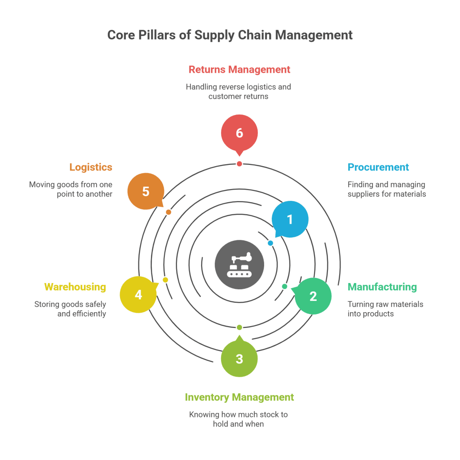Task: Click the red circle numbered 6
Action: [239, 133]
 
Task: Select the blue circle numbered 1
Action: [290, 219]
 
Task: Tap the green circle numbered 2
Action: [313, 296]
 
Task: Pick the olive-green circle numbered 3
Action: [239, 358]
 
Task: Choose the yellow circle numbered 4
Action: [138, 295]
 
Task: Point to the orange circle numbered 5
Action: [146, 191]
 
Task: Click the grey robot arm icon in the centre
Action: [239, 265]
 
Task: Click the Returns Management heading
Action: [239, 70]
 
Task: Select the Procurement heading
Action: [378, 167]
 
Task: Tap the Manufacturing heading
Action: [382, 287]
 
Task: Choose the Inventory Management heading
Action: [239, 397]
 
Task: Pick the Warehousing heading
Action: [75, 287]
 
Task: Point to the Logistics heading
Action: [91, 167]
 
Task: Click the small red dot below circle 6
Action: [239, 164]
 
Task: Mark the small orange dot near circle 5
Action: [168, 212]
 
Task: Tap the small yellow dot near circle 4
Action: [165, 280]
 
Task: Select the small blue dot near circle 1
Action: [270, 243]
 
